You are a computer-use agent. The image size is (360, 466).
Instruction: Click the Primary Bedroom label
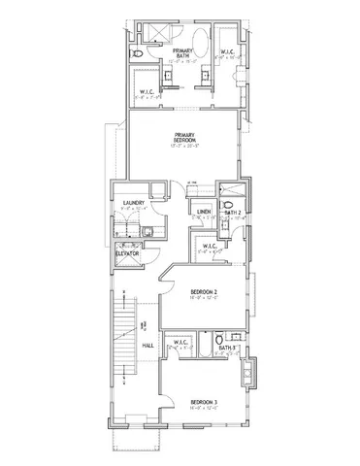(185, 138)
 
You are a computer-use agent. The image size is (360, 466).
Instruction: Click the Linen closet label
(204, 214)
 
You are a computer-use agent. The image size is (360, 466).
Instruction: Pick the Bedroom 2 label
(203, 293)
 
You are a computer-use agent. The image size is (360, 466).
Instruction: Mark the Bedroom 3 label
(203, 402)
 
